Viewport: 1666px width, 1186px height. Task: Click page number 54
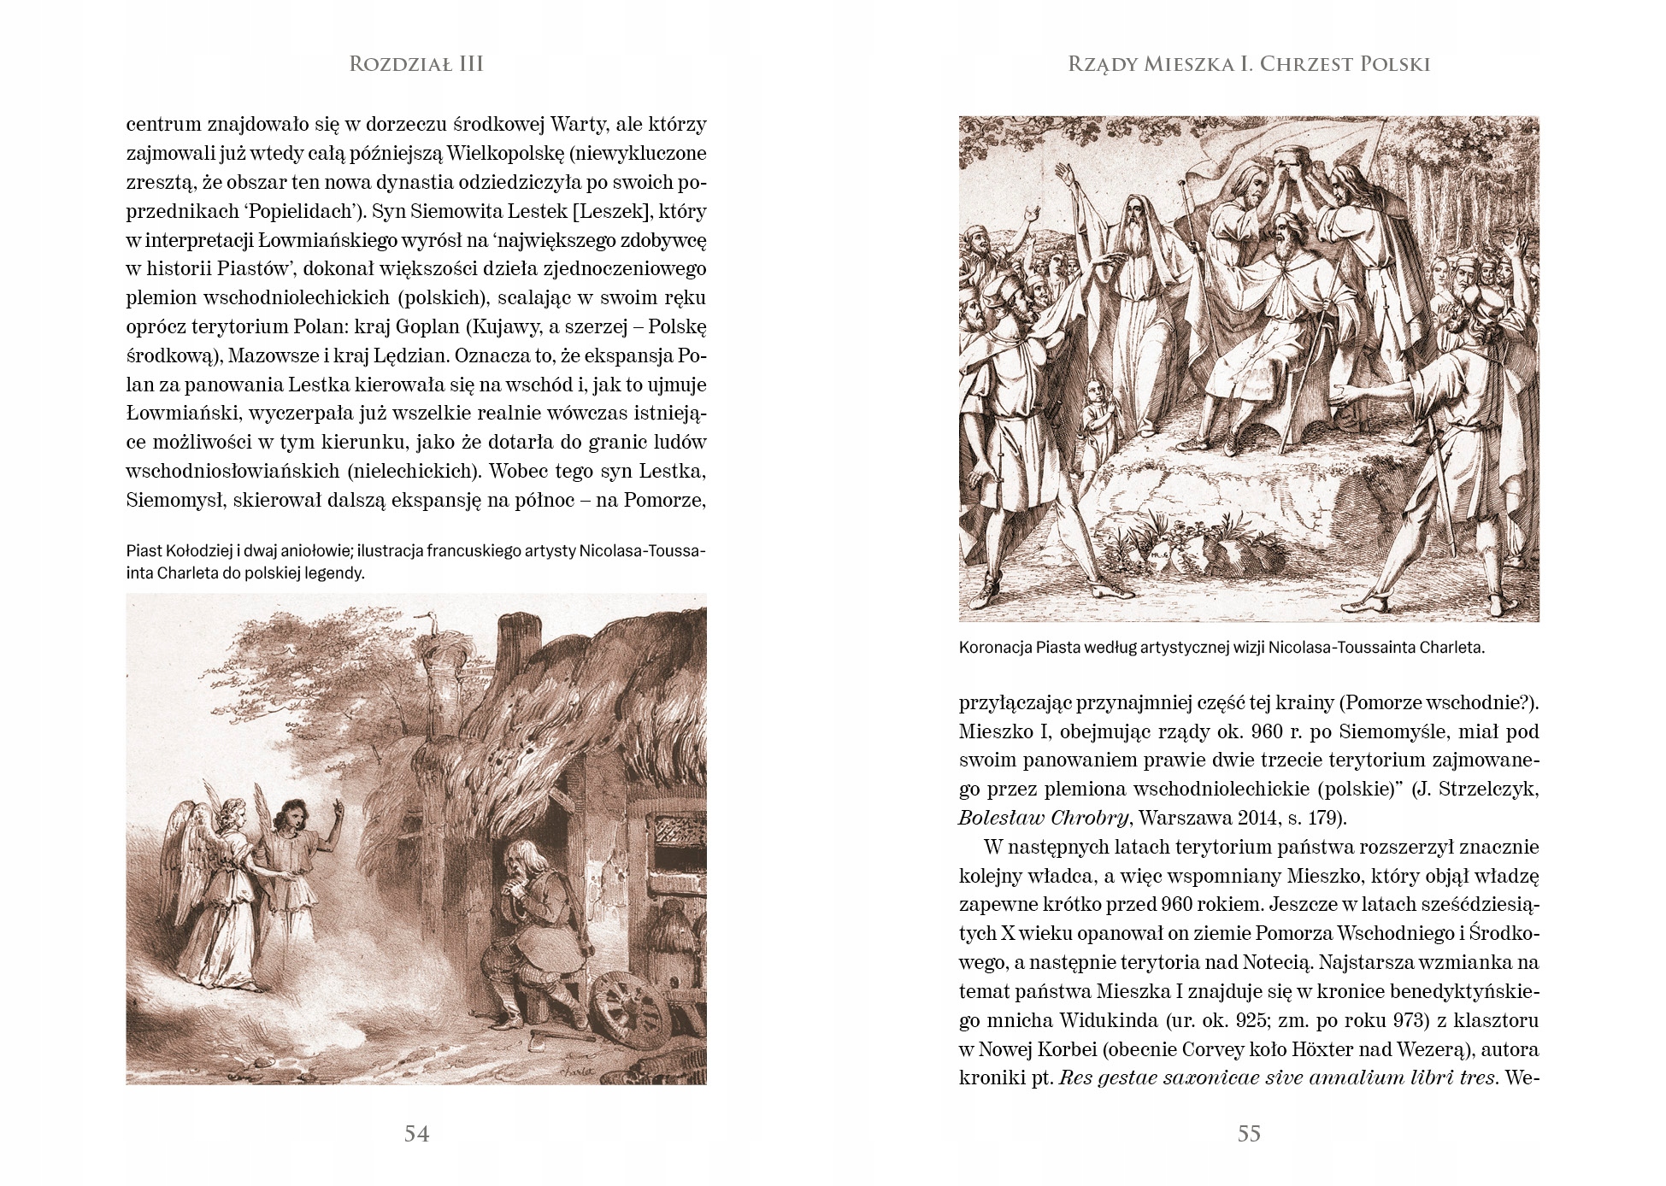click(416, 1133)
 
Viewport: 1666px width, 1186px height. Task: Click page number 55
click(1249, 1133)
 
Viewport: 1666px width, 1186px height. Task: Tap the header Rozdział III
click(416, 64)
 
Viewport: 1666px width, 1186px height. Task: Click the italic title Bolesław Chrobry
click(1043, 818)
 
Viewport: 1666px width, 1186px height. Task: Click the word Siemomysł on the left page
click(175, 500)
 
